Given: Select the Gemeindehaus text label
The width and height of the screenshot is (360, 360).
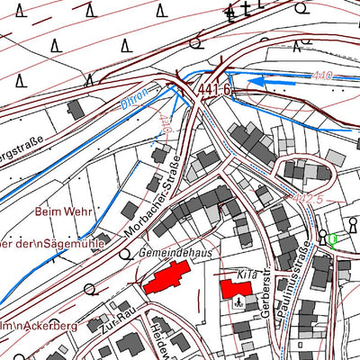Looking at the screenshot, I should coord(175,255).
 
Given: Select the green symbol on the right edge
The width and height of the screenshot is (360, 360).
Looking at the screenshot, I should coord(333,239).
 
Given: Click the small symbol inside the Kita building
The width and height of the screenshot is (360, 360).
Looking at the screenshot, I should coord(238,301).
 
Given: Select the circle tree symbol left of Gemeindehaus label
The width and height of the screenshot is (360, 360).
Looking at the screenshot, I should coord(125,256).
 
